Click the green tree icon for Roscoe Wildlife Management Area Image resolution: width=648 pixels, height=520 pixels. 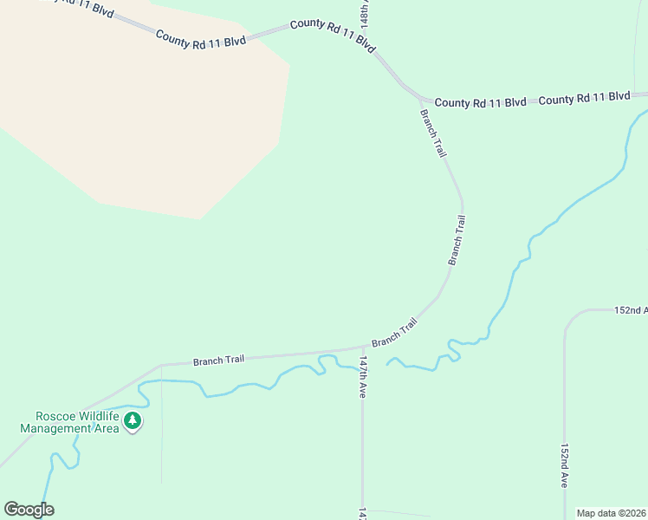click(132, 422)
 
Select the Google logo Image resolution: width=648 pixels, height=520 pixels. click(29, 509)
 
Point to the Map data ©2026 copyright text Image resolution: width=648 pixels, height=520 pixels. click(611, 513)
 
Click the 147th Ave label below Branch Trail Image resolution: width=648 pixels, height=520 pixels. click(364, 377)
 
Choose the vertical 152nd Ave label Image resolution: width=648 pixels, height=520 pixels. click(564, 466)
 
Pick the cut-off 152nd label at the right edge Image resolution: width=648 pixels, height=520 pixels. click(631, 309)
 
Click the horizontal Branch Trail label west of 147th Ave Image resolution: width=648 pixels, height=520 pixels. click(218, 360)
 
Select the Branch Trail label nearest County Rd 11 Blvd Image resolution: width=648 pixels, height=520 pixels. click(433, 133)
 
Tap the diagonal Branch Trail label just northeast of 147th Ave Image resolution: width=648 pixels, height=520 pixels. click(395, 332)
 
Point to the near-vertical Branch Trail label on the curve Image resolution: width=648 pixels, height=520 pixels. click(457, 240)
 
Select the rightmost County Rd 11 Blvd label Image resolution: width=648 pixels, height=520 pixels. click(584, 99)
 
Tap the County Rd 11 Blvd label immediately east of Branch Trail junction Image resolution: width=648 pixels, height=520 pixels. click(480, 102)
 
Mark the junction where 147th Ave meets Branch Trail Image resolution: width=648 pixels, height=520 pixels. click(362, 348)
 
